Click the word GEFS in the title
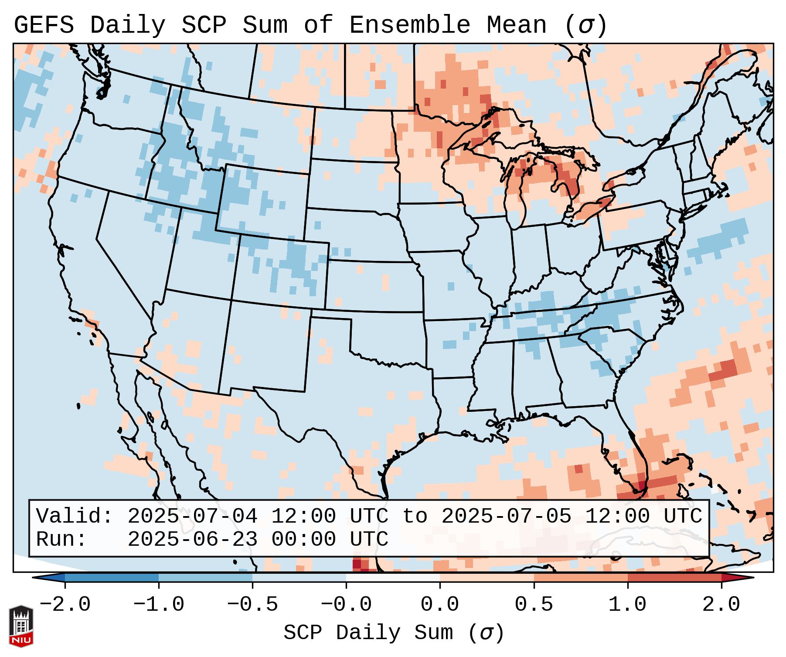(44, 25)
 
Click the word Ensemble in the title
(409, 25)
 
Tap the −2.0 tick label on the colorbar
(65, 605)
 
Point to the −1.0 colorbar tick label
(159, 605)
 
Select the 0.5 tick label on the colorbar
(534, 605)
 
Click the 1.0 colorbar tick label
(627, 605)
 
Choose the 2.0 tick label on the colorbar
(721, 605)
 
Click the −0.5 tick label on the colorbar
(252, 605)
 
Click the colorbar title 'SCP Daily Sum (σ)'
(394, 633)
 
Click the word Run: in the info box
(62, 540)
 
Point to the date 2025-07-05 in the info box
(507, 516)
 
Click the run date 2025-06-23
(193, 540)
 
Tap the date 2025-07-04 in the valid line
(193, 516)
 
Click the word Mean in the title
(516, 25)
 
